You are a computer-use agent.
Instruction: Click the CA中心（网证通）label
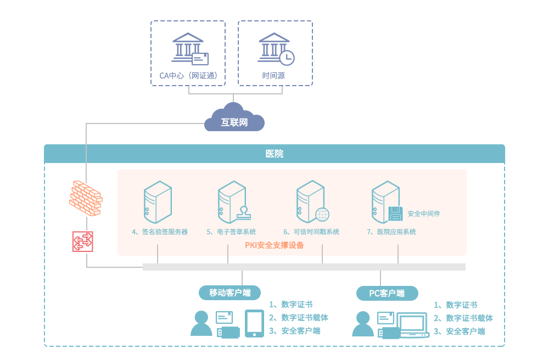click(x=188, y=76)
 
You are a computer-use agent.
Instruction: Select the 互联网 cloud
click(x=234, y=120)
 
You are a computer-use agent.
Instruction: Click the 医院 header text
click(x=274, y=154)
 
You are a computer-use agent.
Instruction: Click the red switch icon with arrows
click(x=83, y=241)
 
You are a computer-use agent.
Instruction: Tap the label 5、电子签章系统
click(x=231, y=232)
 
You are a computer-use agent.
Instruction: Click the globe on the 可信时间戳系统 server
click(x=322, y=214)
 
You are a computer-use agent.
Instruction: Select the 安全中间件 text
click(x=424, y=213)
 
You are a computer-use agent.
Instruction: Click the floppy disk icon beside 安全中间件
click(x=395, y=213)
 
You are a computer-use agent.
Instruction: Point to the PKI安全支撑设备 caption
click(x=275, y=245)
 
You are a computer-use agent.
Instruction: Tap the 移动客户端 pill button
click(x=229, y=292)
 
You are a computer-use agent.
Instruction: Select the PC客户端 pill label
click(x=387, y=293)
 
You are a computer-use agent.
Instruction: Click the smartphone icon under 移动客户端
click(x=254, y=323)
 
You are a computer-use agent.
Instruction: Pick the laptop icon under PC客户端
click(x=413, y=325)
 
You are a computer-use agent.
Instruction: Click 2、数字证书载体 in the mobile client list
click(x=299, y=318)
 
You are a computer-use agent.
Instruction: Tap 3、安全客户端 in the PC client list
click(x=459, y=331)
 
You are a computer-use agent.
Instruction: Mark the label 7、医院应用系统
click(x=391, y=232)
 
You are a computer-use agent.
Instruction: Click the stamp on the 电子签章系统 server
click(x=244, y=212)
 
